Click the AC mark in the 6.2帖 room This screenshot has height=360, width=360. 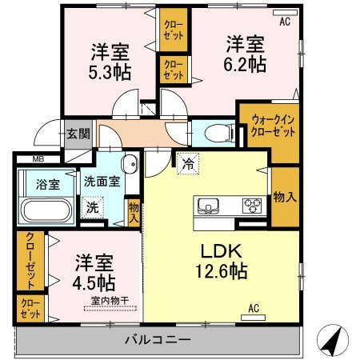(x=283, y=22)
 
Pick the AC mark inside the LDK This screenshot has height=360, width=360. (x=254, y=308)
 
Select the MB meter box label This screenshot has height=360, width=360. (x=39, y=160)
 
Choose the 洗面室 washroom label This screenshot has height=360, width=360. (x=102, y=181)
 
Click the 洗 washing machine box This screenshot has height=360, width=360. (x=94, y=206)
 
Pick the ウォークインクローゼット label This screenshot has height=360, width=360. (x=273, y=126)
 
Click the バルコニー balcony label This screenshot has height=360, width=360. (x=158, y=340)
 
